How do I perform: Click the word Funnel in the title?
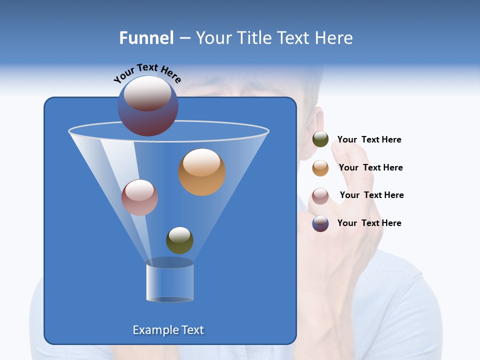point(146,38)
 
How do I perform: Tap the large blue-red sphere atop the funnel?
point(148,106)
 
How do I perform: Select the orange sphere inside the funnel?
point(202,172)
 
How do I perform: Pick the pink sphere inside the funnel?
point(139,197)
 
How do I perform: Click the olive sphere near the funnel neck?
point(179,240)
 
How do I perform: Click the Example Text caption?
point(168,330)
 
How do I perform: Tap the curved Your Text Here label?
point(147,73)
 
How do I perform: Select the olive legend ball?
point(320,139)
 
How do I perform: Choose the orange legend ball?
point(320,168)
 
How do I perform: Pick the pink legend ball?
point(320,196)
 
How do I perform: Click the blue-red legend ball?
point(320,223)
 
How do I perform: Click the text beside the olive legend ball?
point(369,140)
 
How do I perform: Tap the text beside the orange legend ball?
point(370,168)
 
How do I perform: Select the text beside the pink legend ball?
point(371,195)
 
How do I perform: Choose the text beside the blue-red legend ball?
point(369,223)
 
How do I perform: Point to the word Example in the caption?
point(153,330)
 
